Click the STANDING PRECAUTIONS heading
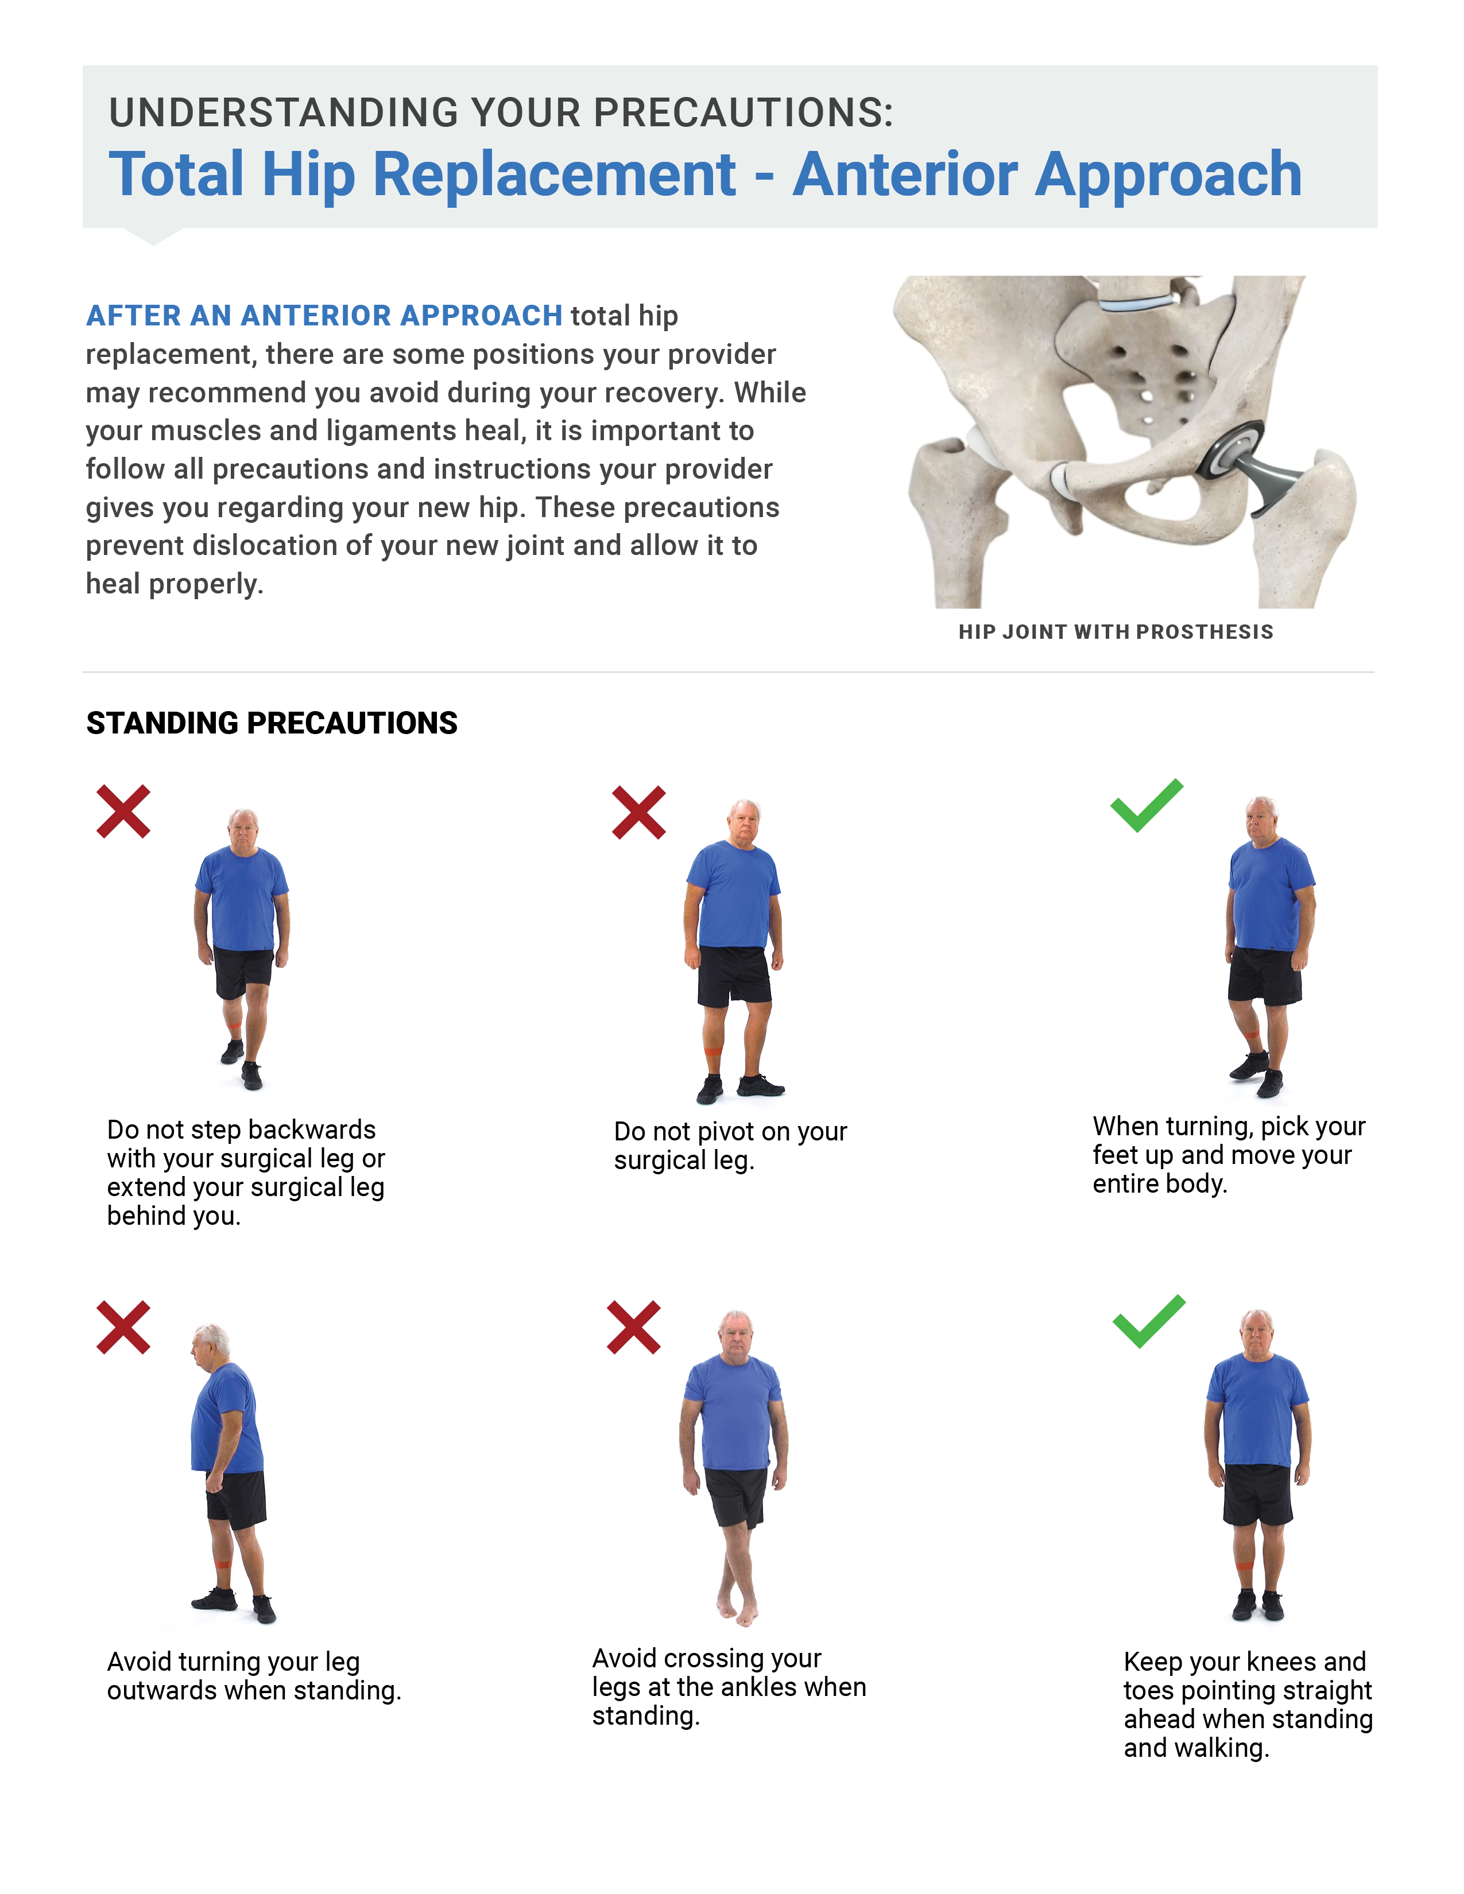pos(272,723)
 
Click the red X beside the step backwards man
pos(123,812)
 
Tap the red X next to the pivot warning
pos(639,813)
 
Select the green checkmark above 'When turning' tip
pos(1147,806)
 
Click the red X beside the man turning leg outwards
pos(123,1327)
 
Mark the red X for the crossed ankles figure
pos(634,1327)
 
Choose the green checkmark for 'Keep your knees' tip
pos(1149,1322)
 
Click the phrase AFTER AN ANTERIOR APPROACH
pos(324,316)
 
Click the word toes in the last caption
pos(1148,1690)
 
